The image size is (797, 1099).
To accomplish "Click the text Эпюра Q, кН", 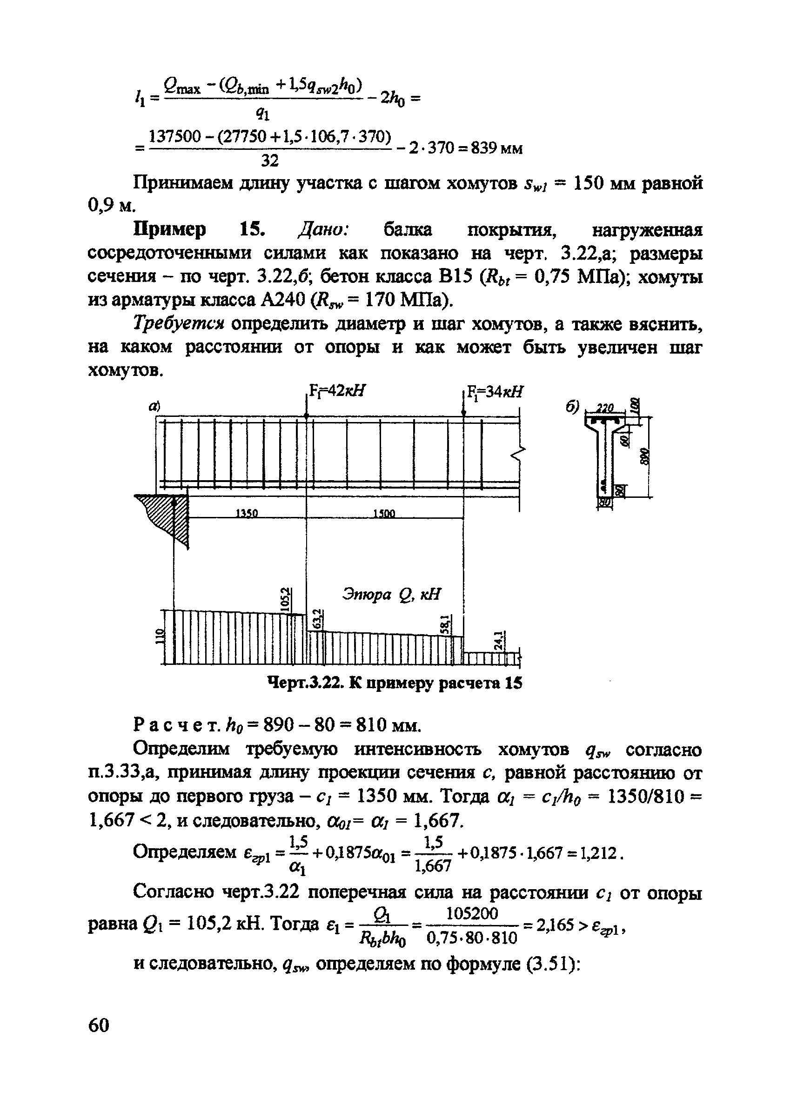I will point(392,594).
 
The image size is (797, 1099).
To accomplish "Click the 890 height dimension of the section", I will point(645,456).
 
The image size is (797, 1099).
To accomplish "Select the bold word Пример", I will point(169,229).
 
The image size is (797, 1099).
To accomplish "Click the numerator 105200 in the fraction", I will point(471,913).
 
